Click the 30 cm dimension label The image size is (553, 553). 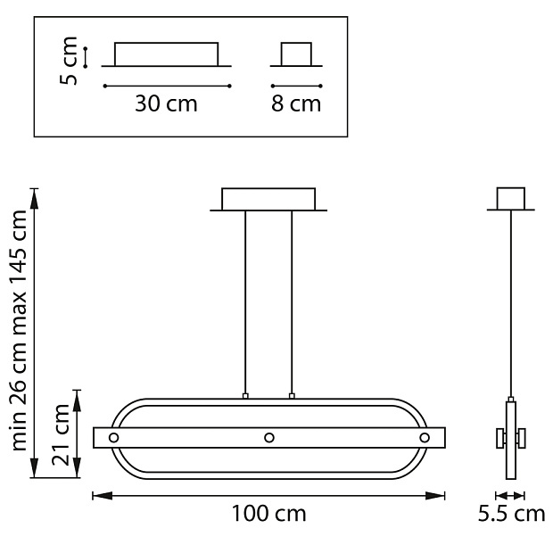pyautogui.click(x=166, y=104)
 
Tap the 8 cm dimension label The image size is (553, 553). pyautogui.click(x=296, y=104)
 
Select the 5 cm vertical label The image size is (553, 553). pyautogui.click(x=69, y=61)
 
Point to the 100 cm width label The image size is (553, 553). pyautogui.click(x=268, y=514)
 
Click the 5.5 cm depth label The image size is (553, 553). pyautogui.click(x=511, y=514)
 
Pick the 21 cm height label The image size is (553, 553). pyautogui.click(x=61, y=435)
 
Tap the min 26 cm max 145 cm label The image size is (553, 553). pyautogui.click(x=19, y=331)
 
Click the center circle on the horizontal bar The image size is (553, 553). pyautogui.click(x=269, y=438)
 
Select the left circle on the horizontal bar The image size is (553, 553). pyautogui.click(x=113, y=438)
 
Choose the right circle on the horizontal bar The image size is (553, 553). pyautogui.click(x=425, y=438)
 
